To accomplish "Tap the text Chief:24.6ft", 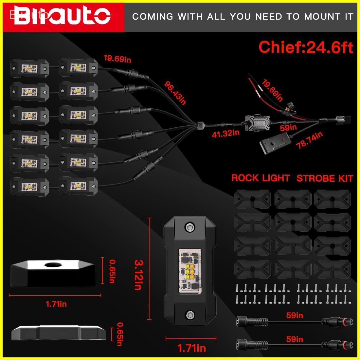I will (x=306, y=47).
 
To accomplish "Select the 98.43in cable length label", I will (x=175, y=93).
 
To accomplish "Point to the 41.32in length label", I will (x=225, y=134).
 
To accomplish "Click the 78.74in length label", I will (x=309, y=140).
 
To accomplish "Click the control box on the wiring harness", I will (x=259, y=122).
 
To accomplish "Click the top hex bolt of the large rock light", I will (x=189, y=227).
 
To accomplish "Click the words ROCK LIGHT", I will (x=261, y=178).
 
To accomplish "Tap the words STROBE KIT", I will (x=325, y=179).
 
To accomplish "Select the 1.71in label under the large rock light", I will (x=191, y=348).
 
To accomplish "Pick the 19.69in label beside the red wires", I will (x=272, y=91).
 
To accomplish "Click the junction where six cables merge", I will (x=200, y=125).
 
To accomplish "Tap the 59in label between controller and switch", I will (x=288, y=127).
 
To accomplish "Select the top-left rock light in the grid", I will (x=29, y=68).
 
